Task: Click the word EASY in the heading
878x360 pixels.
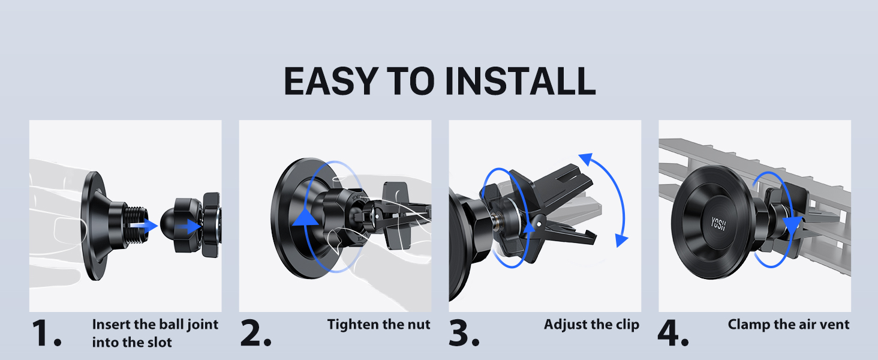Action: (x=331, y=81)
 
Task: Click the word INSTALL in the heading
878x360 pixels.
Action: (x=521, y=81)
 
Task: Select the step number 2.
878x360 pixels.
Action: (x=255, y=333)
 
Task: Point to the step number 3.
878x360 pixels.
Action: (x=464, y=333)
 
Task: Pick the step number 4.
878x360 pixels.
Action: (x=673, y=333)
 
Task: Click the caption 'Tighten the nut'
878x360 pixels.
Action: (x=378, y=325)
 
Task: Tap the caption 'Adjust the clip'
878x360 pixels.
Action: (x=591, y=325)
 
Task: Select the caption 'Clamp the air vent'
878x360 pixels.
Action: (x=789, y=325)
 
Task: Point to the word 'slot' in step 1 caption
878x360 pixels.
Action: (x=159, y=343)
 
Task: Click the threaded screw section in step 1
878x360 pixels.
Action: (x=136, y=226)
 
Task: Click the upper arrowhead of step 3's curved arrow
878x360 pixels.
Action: (x=586, y=160)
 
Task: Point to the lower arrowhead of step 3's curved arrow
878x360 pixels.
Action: (x=621, y=240)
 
